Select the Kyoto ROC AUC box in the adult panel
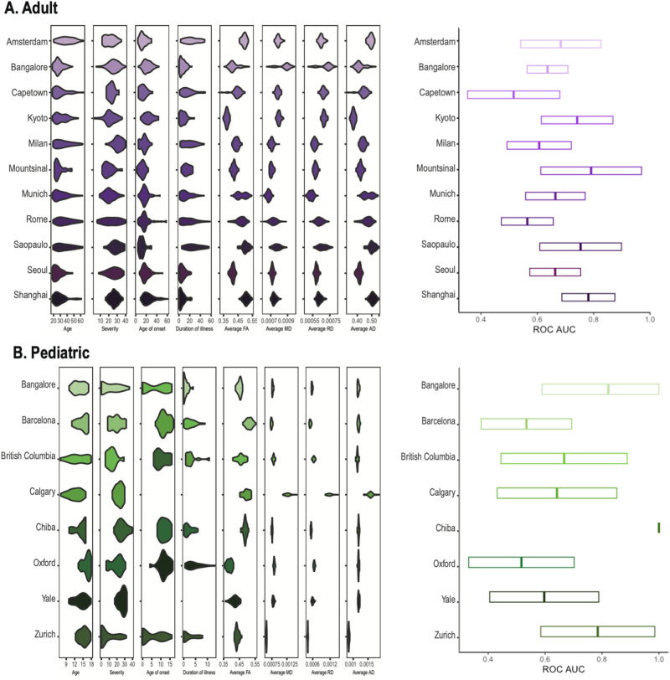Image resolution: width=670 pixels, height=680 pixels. pyautogui.click(x=576, y=120)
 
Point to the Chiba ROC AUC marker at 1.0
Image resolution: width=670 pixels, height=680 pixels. pyautogui.click(x=658, y=527)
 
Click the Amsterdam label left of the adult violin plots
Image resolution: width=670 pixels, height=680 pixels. pyautogui.click(x=27, y=40)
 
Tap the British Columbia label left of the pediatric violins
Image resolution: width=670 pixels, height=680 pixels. pyautogui.click(x=29, y=458)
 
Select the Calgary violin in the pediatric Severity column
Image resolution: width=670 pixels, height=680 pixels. pyautogui.click(x=118, y=492)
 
